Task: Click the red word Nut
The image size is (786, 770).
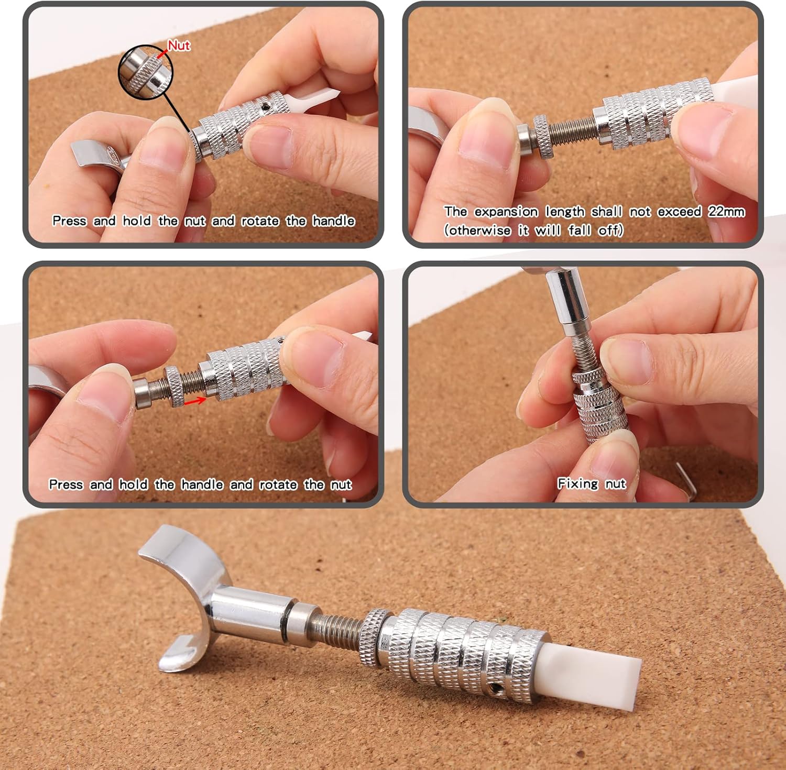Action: coord(179,46)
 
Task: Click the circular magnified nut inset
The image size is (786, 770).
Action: coord(146,73)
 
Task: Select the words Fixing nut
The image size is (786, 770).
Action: coord(592,483)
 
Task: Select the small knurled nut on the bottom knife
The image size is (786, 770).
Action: coord(376,637)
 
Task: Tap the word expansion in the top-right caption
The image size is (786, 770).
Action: coord(506,212)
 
